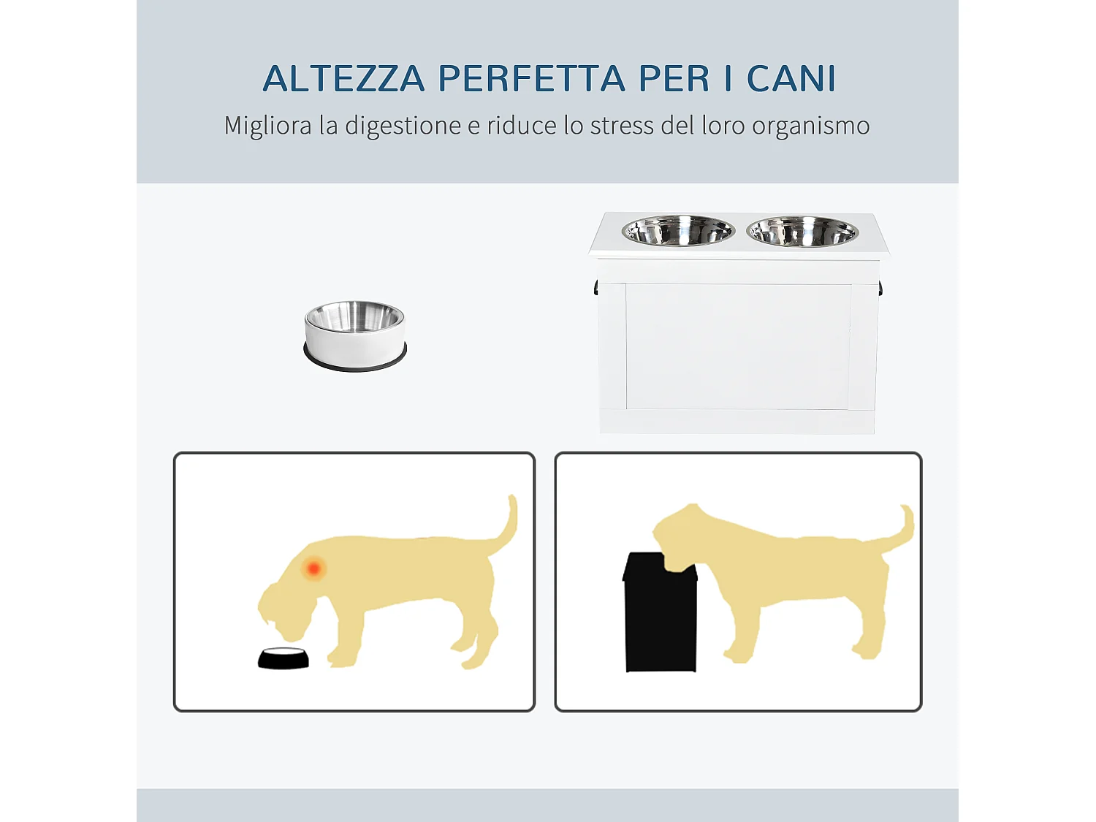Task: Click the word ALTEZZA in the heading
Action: tap(343, 79)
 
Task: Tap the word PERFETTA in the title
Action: tap(531, 79)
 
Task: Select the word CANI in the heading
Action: tap(791, 79)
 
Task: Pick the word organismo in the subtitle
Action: tap(811, 126)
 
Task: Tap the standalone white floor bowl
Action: tap(355, 335)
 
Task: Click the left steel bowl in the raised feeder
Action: tap(678, 231)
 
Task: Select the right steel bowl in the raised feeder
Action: tap(802, 232)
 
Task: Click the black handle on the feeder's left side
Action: tap(596, 288)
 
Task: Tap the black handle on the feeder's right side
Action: tap(880, 288)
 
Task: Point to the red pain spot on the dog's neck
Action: tap(314, 568)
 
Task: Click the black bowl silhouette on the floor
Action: tap(283, 658)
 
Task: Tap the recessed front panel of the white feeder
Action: tap(738, 346)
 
